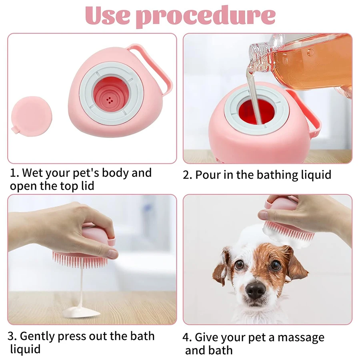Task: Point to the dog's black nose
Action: pyautogui.click(x=255, y=290)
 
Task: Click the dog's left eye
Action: pyautogui.click(x=239, y=265)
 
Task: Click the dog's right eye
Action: pyautogui.click(x=276, y=265)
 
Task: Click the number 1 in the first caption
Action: pyautogui.click(x=13, y=173)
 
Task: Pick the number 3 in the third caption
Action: pyautogui.click(x=12, y=336)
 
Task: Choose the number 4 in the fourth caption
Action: pyautogui.click(x=187, y=337)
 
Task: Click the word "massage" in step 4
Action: pyautogui.click(x=301, y=337)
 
